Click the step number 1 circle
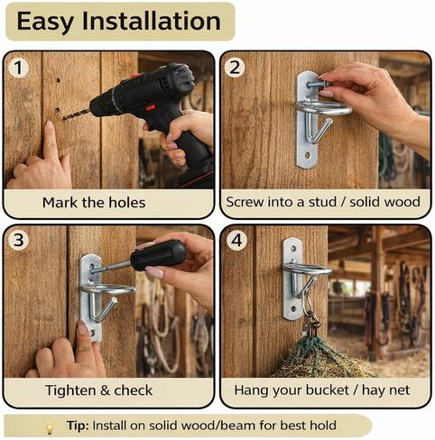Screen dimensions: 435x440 tap(18, 68)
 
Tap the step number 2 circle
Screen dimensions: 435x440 tap(235, 67)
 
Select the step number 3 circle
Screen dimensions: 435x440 tap(18, 240)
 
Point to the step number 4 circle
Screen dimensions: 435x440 tap(236, 240)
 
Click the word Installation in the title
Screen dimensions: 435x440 tap(152, 21)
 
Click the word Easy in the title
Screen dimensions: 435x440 tap(45, 22)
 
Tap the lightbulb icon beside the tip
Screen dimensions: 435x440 tap(50, 427)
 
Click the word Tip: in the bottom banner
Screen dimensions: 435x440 tap(78, 426)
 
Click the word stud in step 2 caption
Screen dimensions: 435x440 tap(322, 202)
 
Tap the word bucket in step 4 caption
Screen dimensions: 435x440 tap(328, 390)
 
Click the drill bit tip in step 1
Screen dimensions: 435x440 tap(64, 118)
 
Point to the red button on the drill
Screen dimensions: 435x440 tap(151, 107)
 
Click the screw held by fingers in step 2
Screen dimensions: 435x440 tap(319, 84)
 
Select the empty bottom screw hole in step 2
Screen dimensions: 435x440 tap(308, 155)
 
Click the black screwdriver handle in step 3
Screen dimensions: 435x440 tap(158, 254)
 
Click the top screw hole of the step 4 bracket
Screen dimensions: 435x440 tap(293, 249)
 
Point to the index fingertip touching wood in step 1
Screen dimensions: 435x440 tap(49, 125)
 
